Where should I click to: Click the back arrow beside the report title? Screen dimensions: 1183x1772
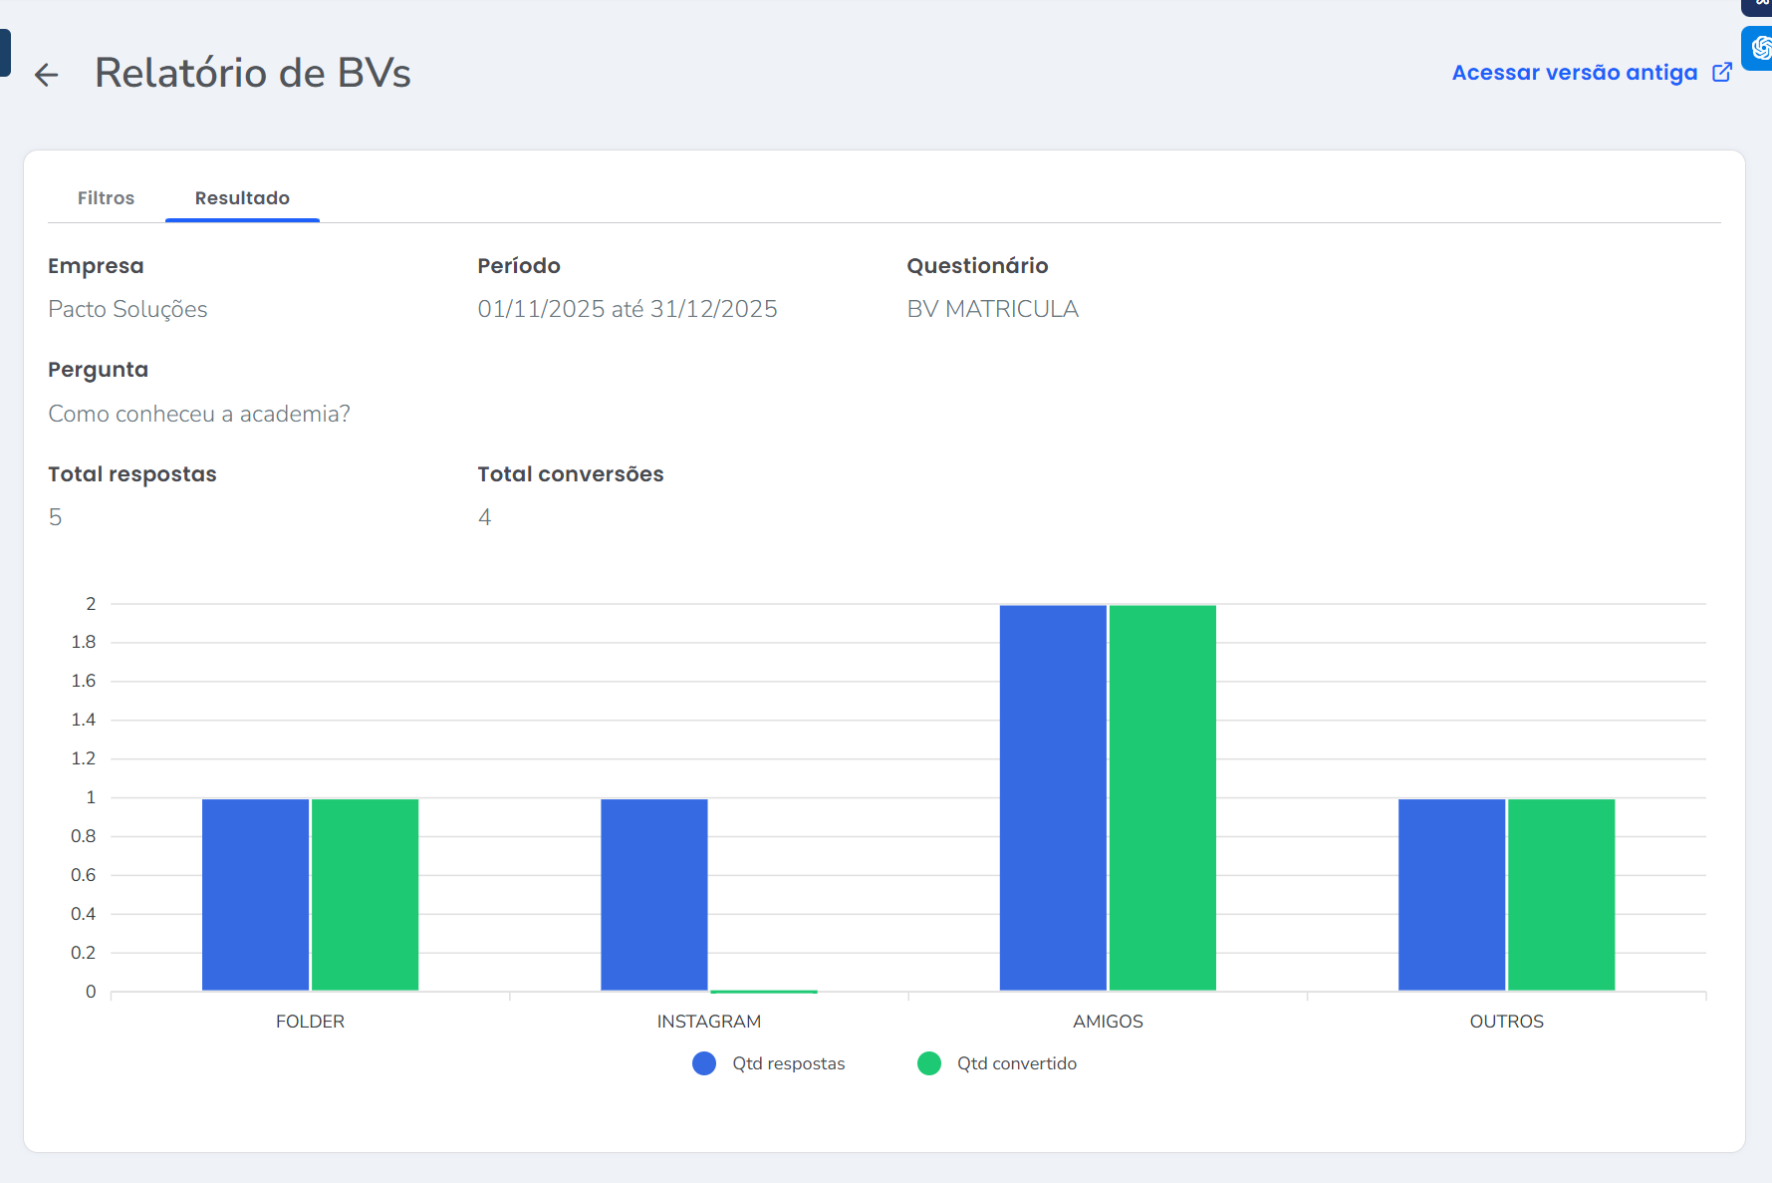click(46, 75)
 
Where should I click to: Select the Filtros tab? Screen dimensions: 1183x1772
click(106, 198)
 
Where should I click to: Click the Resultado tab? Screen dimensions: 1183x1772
click(242, 198)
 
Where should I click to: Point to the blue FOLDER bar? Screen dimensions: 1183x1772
click(255, 894)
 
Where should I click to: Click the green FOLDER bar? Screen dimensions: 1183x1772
click(365, 894)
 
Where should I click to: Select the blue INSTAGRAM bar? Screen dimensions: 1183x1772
click(654, 894)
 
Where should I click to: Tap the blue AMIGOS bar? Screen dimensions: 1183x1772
click(1053, 797)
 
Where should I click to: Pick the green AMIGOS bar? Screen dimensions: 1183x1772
click(1162, 797)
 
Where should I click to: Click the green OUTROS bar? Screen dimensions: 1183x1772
click(1561, 894)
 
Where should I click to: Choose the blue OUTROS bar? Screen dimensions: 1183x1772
click(1451, 894)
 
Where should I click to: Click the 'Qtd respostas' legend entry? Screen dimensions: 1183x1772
click(769, 1063)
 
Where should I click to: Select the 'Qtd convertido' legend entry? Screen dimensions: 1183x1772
click(997, 1063)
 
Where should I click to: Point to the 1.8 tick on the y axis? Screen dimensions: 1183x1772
click(84, 642)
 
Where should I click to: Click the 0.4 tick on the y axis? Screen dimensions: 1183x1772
click(84, 914)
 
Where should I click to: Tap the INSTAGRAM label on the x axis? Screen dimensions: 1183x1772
click(708, 1022)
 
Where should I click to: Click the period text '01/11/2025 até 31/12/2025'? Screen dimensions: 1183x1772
click(627, 309)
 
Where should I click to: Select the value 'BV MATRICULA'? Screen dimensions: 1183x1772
click(992, 309)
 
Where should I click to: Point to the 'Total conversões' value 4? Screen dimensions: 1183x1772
click(484, 517)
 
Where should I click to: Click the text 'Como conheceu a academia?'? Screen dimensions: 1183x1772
click(199, 414)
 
